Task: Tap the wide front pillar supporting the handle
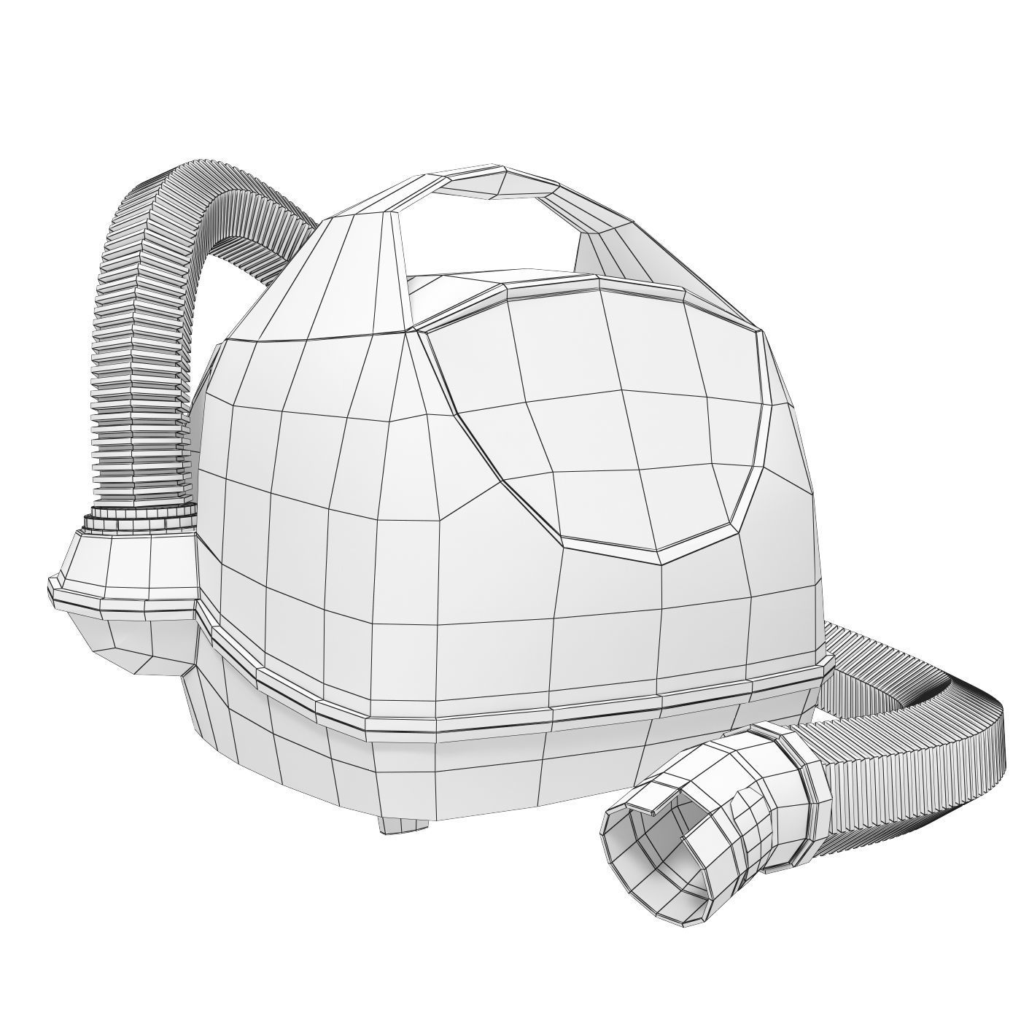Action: point(343,277)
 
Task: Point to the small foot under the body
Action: point(401,824)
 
